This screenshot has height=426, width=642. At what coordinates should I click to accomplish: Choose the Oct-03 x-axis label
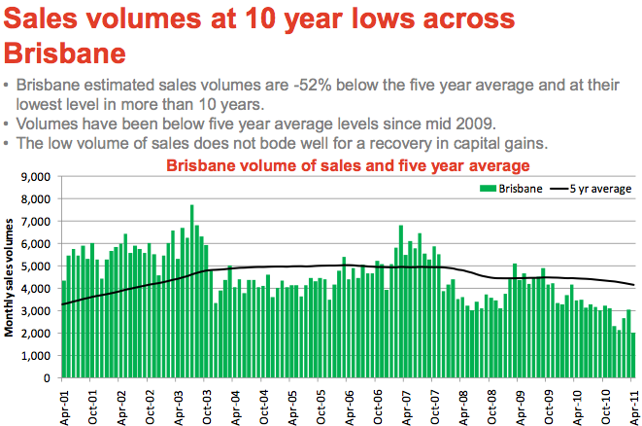pyautogui.click(x=207, y=401)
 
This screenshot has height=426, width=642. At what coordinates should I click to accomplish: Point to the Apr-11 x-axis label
pyautogui.click(x=633, y=401)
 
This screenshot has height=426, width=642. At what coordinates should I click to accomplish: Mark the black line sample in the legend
pyautogui.click(x=561, y=189)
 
